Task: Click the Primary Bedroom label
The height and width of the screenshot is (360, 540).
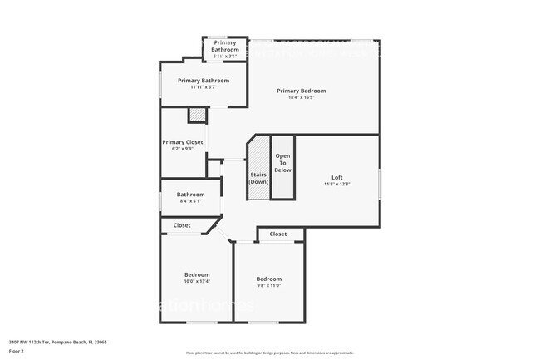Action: click(x=301, y=91)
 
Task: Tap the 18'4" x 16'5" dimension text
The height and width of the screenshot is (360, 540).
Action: click(x=301, y=97)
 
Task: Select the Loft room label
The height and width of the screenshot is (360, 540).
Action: click(x=336, y=177)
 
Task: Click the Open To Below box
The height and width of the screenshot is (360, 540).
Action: click(x=283, y=164)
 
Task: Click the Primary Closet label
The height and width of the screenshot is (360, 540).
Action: click(x=183, y=142)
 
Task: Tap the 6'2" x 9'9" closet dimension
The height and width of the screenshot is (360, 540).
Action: click(x=183, y=149)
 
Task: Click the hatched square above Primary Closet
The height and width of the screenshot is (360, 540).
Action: click(x=197, y=116)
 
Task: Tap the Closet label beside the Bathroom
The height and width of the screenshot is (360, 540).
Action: click(x=182, y=225)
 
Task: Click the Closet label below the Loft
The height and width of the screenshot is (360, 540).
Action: click(x=278, y=234)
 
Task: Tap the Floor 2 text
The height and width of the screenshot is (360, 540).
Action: click(x=17, y=350)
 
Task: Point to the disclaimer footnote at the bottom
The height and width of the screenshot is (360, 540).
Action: click(x=269, y=353)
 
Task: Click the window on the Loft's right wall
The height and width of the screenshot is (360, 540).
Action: click(x=380, y=183)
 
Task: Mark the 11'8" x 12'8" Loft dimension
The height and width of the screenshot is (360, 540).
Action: click(x=336, y=184)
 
